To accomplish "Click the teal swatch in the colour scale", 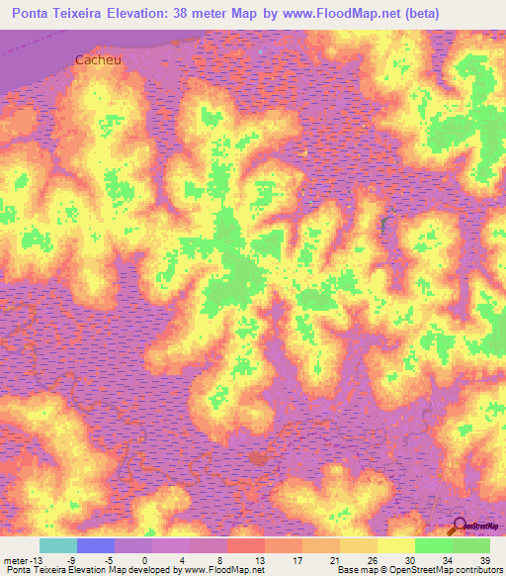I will coord(58,546).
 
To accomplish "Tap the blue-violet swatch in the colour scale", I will coord(96,546).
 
